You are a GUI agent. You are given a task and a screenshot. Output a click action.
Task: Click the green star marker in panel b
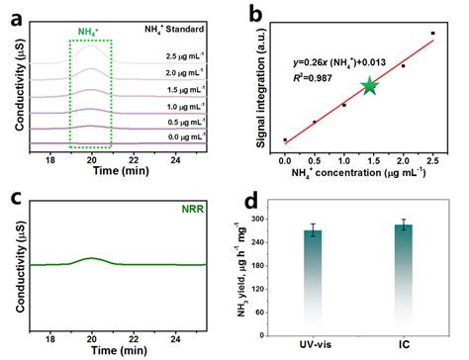pyautogui.click(x=369, y=86)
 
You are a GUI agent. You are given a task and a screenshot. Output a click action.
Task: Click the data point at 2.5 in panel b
pyautogui.click(x=432, y=34)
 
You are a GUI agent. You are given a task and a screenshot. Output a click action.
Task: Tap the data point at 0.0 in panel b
pyautogui.click(x=284, y=139)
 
